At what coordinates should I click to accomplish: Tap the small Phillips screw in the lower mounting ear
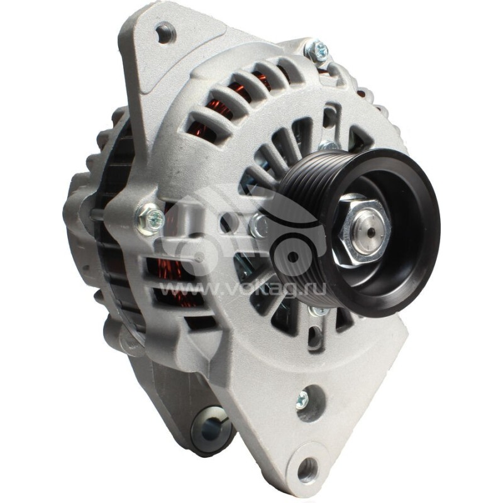tap(302, 399)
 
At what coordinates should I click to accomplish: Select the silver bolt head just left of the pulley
tap(258, 225)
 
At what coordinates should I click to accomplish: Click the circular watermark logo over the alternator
tap(251, 233)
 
